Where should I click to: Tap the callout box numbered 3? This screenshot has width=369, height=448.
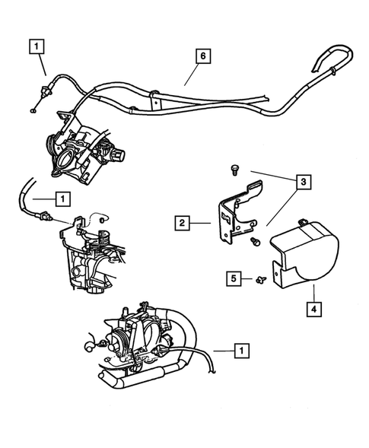pyautogui.click(x=303, y=182)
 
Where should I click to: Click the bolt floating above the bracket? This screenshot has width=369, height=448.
pyautogui.click(x=232, y=170)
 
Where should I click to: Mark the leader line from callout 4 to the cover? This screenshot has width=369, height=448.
pyautogui.click(x=313, y=293)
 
